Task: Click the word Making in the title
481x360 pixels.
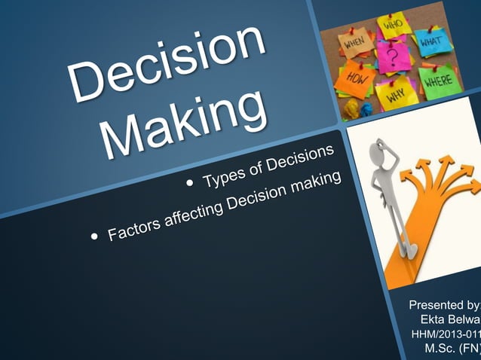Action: (x=185, y=124)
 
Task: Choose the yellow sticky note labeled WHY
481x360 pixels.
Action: (x=397, y=96)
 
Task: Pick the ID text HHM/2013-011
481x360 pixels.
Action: (x=445, y=334)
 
